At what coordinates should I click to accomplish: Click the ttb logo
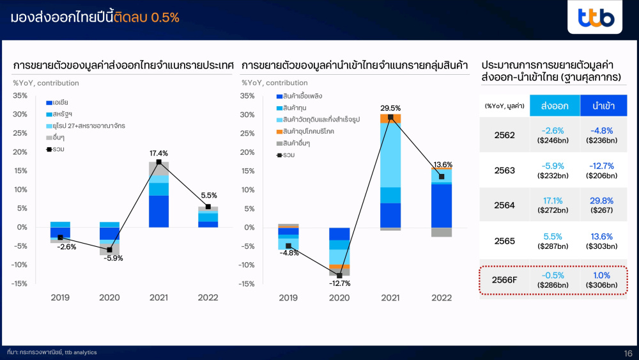596,17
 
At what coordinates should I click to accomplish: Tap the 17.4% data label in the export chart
158,153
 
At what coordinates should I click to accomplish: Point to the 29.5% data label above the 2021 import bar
390,108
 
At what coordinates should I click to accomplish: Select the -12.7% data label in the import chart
339,283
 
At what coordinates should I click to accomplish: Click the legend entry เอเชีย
57,102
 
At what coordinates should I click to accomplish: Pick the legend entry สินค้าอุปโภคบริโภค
305,131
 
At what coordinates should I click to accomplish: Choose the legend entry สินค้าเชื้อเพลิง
299,96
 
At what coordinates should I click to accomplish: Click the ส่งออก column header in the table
555,106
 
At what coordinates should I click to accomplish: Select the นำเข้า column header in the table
604,106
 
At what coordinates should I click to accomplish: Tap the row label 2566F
505,280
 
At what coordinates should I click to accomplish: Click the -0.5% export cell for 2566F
553,276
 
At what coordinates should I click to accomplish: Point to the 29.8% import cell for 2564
601,201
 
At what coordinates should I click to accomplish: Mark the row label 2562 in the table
505,136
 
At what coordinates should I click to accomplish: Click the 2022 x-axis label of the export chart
208,297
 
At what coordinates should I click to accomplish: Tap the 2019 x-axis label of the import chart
288,298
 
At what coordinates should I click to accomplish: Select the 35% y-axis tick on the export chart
20,96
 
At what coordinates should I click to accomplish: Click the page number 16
628,354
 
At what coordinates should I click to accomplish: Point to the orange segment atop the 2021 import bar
390,119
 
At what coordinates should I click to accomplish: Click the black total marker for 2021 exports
159,162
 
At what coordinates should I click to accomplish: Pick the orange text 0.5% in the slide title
165,17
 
